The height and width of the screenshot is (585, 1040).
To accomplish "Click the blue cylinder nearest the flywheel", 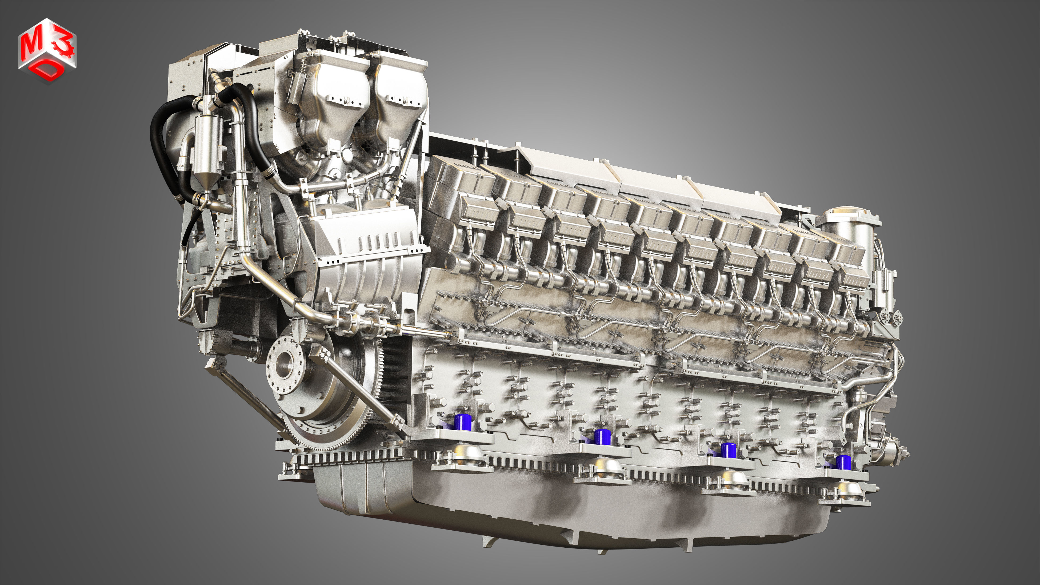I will [463, 422].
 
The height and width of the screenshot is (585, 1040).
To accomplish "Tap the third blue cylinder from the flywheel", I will [728, 450].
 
